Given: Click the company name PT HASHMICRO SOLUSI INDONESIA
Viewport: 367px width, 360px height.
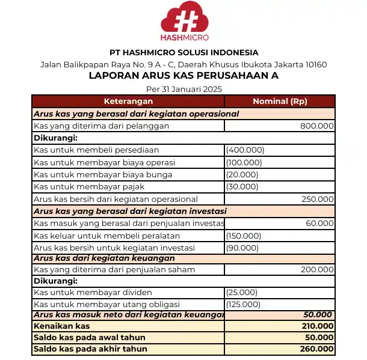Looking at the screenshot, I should pos(183,52).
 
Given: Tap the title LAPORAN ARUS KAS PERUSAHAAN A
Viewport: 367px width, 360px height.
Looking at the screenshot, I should pos(183,76).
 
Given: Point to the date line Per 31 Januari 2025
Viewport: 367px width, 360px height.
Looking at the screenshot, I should pos(183,89).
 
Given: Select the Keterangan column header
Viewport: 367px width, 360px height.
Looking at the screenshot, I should pos(128,102).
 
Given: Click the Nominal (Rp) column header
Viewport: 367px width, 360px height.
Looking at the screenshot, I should pos(280,102).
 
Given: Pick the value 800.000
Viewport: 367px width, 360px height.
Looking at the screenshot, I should pos(316,126).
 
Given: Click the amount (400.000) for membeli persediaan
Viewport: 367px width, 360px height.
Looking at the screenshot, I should pos(244,150).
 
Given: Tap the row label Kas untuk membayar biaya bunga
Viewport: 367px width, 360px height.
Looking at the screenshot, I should pos(103,175).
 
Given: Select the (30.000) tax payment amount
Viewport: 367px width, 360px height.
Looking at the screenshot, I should pos(242,187).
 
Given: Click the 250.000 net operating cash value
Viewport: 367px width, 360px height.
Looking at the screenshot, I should pos(317,199).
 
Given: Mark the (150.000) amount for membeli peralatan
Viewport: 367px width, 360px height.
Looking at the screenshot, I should pos(244,236).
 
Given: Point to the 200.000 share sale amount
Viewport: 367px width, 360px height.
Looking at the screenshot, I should pos(317,270).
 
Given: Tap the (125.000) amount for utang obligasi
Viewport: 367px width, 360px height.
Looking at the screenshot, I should pos(243,305).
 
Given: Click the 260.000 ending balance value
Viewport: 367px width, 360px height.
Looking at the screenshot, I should pos(316,349).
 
